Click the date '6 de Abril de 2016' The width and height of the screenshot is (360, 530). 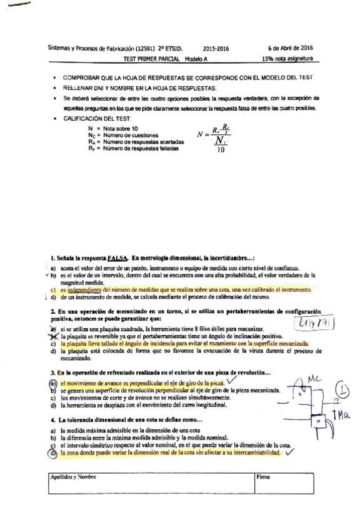pos(289,47)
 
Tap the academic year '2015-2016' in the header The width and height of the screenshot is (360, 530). pos(216,47)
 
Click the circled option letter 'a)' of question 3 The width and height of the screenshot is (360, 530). pos(54,382)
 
